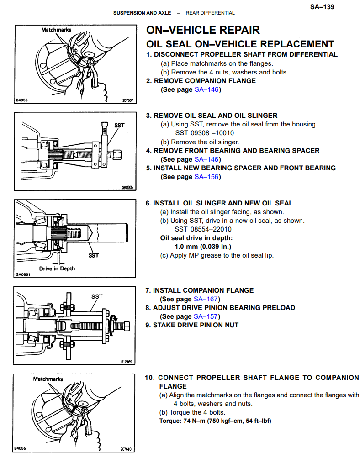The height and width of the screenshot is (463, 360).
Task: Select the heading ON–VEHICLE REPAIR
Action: click(203, 31)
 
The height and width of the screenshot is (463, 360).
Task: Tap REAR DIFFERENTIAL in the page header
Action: click(210, 13)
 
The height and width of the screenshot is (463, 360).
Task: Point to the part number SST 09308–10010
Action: click(204, 133)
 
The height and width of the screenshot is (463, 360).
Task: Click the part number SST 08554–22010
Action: click(203, 229)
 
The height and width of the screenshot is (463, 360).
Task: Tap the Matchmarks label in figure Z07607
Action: click(56, 30)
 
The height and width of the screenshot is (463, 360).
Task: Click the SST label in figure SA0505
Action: click(119, 125)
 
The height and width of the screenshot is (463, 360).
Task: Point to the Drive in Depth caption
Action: click(57, 268)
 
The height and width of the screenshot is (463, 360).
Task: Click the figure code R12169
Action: click(127, 361)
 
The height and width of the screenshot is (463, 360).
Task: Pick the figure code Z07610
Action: click(126, 449)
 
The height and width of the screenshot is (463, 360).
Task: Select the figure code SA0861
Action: click(22, 274)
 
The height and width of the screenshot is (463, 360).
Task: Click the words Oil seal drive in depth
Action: click(196, 238)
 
